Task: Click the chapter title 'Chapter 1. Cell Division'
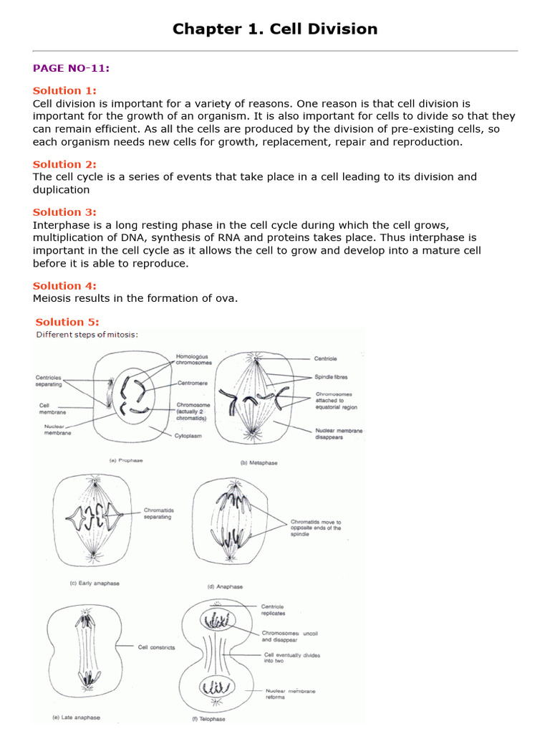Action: [275, 29]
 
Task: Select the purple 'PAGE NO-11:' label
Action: [71, 68]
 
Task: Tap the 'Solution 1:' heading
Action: [64, 90]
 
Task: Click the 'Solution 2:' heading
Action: [64, 164]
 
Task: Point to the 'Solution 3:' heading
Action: [64, 212]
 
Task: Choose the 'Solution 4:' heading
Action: [64, 286]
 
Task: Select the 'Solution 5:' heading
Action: [67, 322]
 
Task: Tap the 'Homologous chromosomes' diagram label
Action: [194, 359]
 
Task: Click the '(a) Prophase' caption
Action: [125, 460]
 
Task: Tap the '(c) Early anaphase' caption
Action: [95, 583]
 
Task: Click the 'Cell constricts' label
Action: [156, 647]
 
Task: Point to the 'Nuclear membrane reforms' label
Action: [290, 694]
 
